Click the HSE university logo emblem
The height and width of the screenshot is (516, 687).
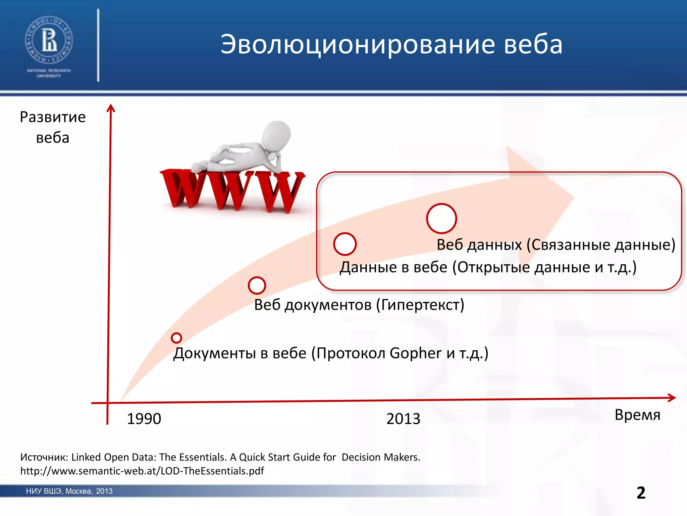[49, 41]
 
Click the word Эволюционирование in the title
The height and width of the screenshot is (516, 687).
[358, 44]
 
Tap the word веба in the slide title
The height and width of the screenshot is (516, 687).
[533, 44]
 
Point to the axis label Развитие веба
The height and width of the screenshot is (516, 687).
[53, 127]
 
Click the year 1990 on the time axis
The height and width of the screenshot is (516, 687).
[144, 419]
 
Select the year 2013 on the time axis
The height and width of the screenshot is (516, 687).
[403, 419]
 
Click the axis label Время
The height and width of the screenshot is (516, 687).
[637, 415]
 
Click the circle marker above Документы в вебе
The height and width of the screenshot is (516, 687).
[176, 338]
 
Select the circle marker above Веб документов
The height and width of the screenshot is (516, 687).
[257, 286]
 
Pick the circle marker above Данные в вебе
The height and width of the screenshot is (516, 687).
[345, 244]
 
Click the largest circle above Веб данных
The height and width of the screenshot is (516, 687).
[441, 218]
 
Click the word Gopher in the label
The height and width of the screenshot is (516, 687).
[415, 353]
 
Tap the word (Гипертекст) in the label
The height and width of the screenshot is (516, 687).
[420, 305]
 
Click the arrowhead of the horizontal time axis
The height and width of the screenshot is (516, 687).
[672, 398]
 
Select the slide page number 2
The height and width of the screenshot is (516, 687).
[641, 493]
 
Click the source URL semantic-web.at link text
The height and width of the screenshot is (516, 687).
[142, 471]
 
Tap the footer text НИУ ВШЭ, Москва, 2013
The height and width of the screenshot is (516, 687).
[69, 491]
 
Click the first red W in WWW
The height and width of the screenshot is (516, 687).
[181, 190]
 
